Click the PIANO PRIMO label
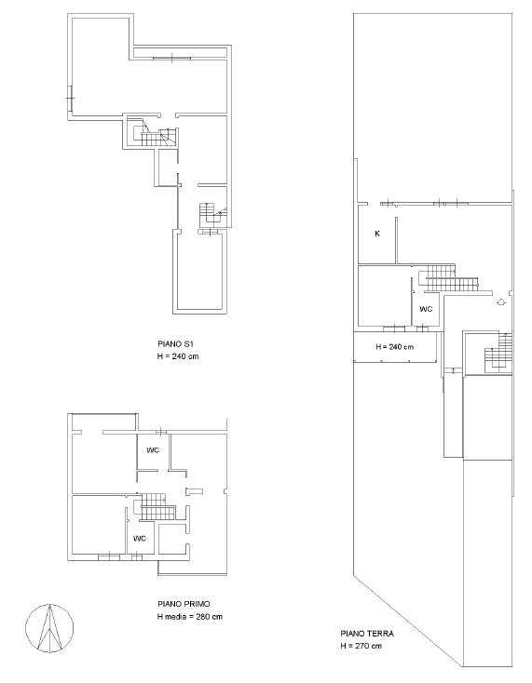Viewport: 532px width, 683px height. pos(184,604)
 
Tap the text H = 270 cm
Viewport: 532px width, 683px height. pos(361,646)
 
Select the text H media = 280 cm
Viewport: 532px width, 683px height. pos(190,617)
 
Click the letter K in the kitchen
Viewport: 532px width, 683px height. pos(377,234)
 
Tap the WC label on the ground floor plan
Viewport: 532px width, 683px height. pos(426,309)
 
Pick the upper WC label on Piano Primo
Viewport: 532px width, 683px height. pos(153,450)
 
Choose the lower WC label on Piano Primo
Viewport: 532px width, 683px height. pos(140,539)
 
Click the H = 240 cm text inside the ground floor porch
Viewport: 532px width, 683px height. pos(395,347)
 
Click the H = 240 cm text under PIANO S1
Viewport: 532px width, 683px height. pos(178,356)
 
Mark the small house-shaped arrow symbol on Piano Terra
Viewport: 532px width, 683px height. pos(501,301)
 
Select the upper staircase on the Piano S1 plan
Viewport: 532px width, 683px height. pos(154,133)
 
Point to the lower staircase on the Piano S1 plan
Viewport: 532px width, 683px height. pos(212,215)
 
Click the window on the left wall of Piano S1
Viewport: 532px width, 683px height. pos(70,98)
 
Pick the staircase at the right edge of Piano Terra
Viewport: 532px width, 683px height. pos(498,353)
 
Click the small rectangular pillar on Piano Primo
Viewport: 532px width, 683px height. pos(195,491)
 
